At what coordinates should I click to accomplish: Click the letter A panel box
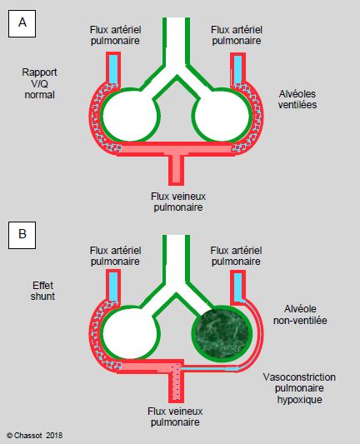pyautogui.click(x=22, y=23)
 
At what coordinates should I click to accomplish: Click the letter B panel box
pyautogui.click(x=22, y=235)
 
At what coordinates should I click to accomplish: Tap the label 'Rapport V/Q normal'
pyautogui.click(x=40, y=83)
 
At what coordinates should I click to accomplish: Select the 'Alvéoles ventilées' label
pyautogui.click(x=297, y=99)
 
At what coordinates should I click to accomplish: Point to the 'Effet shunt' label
pyautogui.click(x=42, y=291)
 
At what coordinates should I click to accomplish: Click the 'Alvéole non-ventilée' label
pyautogui.click(x=300, y=314)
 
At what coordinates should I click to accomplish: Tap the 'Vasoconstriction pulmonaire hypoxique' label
pyautogui.click(x=299, y=388)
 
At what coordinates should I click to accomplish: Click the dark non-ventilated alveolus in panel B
pyautogui.click(x=222, y=333)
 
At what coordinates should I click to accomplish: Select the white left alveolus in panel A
pyautogui.click(x=130, y=116)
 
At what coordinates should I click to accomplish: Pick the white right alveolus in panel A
pyautogui.click(x=222, y=116)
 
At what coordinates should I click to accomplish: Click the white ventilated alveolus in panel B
pyautogui.click(x=130, y=333)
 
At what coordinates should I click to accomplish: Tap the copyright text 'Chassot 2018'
pyautogui.click(x=34, y=435)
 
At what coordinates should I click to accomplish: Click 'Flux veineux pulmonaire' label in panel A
pyautogui.click(x=178, y=202)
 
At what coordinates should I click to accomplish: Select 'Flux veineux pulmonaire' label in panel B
pyautogui.click(x=175, y=417)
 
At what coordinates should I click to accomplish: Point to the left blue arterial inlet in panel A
pyautogui.click(x=113, y=69)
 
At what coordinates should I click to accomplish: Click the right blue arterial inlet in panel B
pyautogui.click(x=238, y=287)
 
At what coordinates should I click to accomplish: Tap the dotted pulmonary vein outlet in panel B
pyautogui.click(x=176, y=382)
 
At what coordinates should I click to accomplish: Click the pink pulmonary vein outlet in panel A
pyautogui.click(x=176, y=169)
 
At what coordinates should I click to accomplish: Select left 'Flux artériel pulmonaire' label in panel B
pyautogui.click(x=115, y=256)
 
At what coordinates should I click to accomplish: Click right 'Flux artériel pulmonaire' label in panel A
pyautogui.click(x=237, y=35)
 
